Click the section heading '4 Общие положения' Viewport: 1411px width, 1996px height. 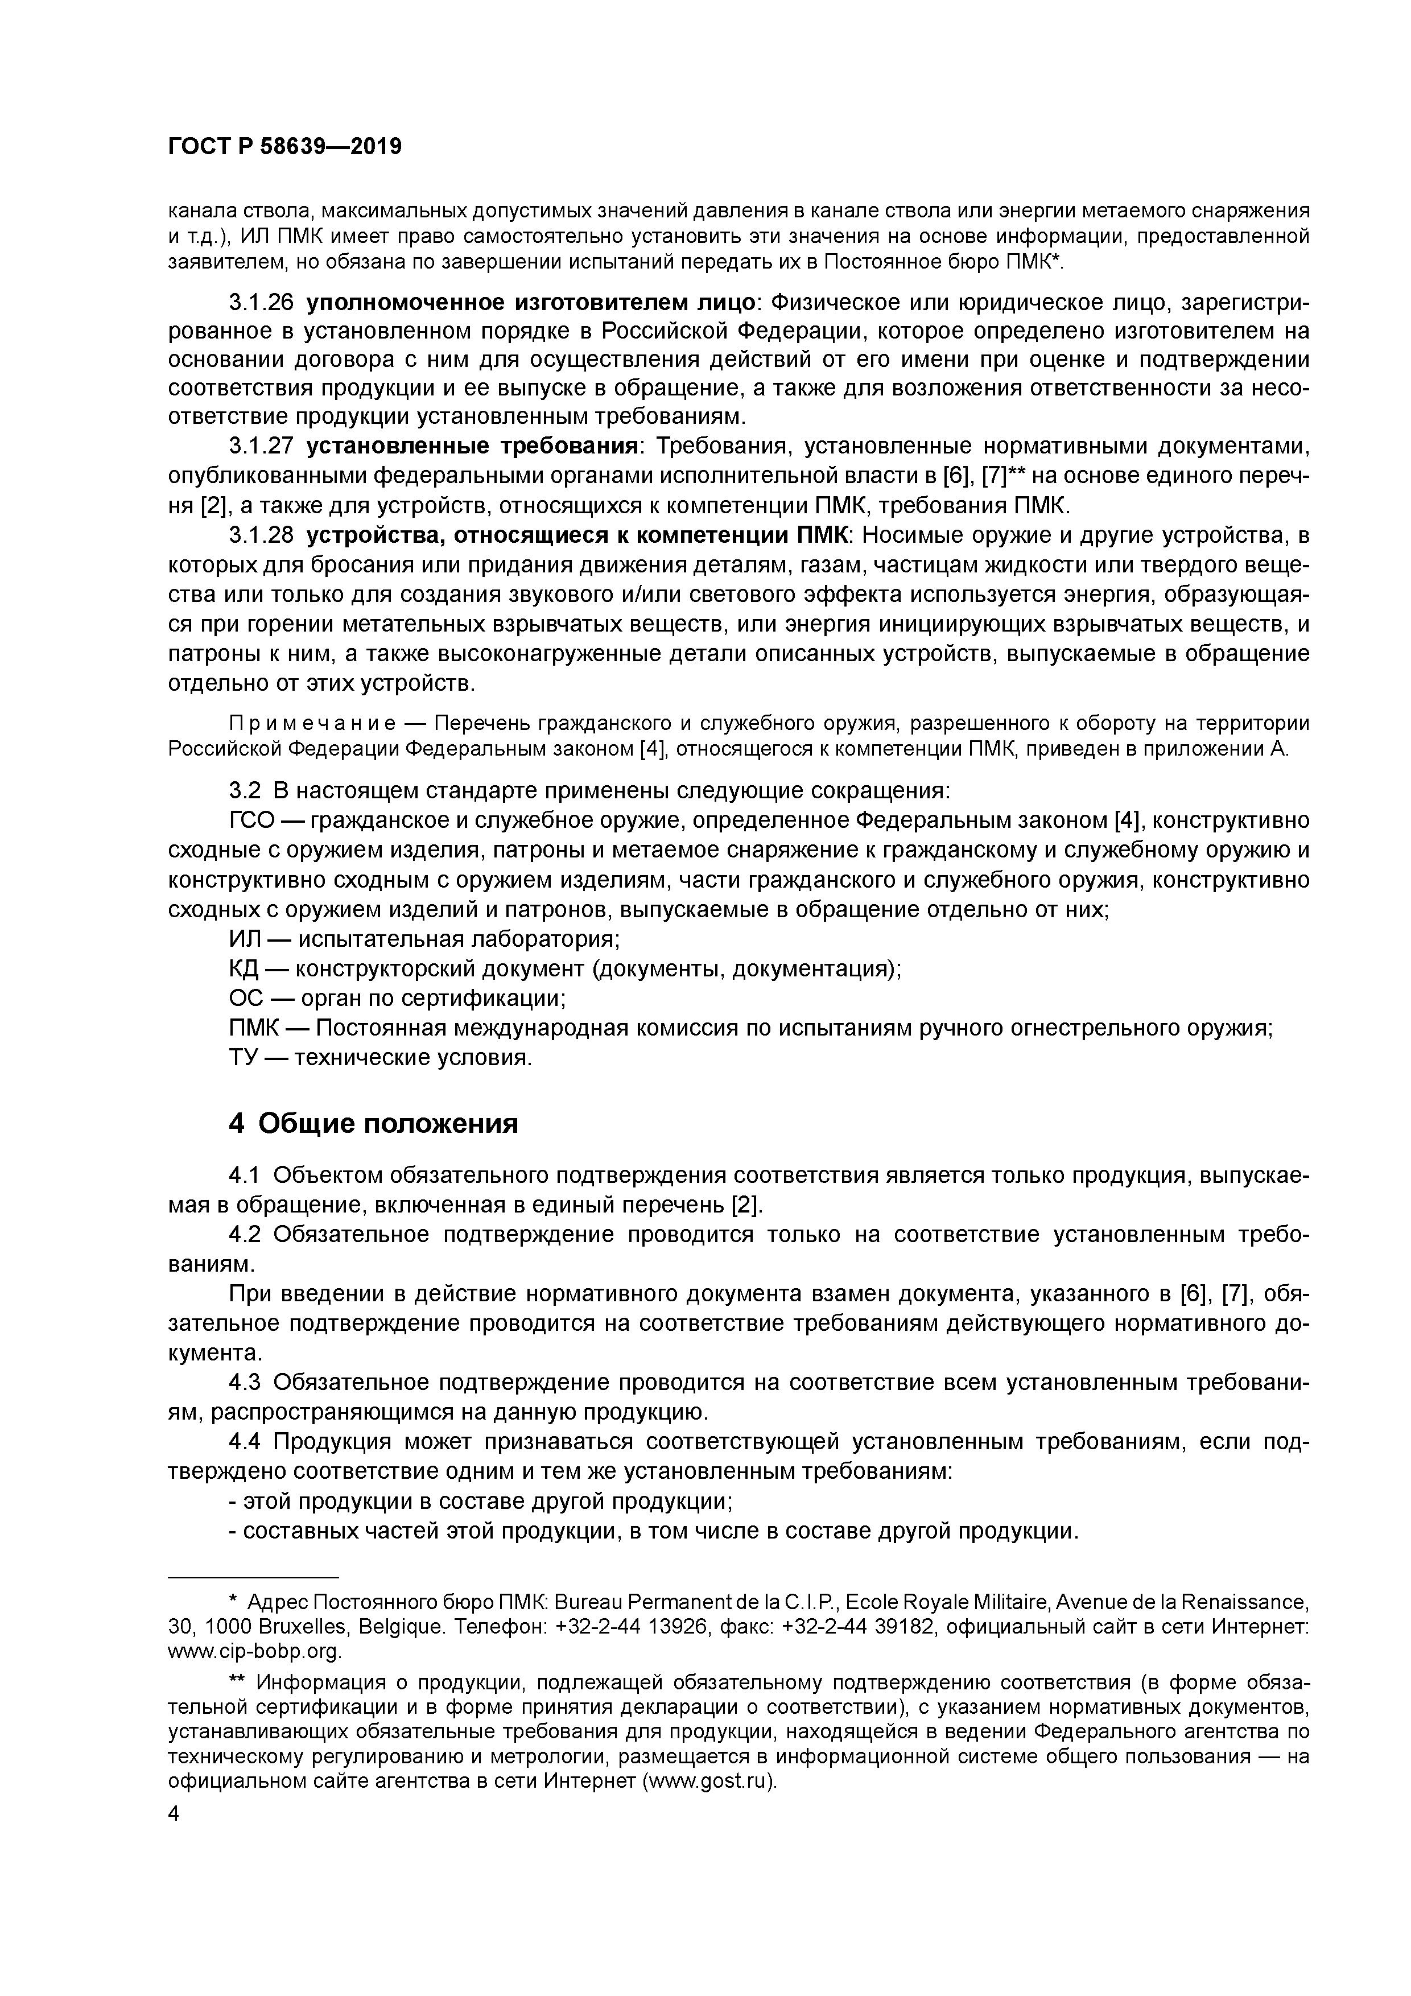[373, 1123]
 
